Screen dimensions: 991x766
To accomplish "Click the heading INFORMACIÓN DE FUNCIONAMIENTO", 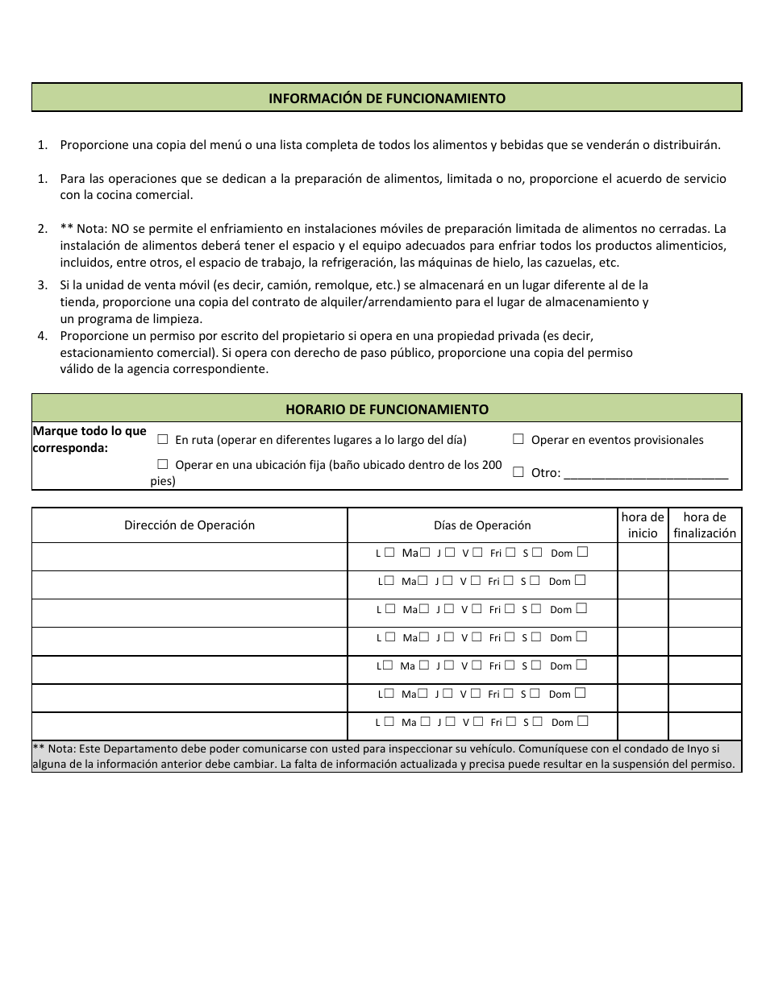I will point(387,98).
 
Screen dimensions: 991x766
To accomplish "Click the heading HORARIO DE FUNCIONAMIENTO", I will point(387,409).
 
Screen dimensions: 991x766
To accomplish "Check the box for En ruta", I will point(163,440).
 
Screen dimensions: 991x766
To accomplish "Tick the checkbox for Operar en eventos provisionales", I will point(518,440).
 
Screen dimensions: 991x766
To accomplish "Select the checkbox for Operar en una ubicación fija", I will point(163,465).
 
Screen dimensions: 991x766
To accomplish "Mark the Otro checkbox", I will point(518,473).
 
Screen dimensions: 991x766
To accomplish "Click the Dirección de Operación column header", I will point(189,525).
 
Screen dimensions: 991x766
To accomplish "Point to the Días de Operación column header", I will point(482,525).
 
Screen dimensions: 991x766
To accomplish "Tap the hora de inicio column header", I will point(643,525).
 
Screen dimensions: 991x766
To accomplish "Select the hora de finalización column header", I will point(705,525).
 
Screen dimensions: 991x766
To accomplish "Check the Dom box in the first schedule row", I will point(582,553).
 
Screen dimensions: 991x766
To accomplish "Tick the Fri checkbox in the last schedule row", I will point(510,722).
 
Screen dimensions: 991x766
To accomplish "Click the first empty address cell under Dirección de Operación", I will point(189,557).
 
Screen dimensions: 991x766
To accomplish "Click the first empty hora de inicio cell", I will point(643,557).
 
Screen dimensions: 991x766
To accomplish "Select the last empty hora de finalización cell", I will point(705,726).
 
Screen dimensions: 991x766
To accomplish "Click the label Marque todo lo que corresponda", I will point(89,439).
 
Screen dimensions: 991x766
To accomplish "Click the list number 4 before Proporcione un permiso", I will point(42,335).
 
